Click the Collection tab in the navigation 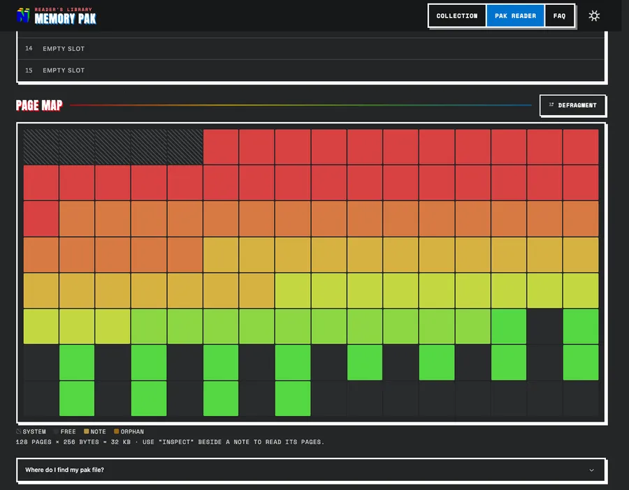(457, 16)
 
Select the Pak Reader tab (515, 16)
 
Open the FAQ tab (559, 16)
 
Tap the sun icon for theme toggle (594, 15)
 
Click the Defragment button (572, 105)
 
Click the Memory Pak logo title (66, 18)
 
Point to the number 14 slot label (29, 48)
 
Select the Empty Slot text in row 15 (64, 70)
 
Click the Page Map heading (39, 105)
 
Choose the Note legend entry (94, 431)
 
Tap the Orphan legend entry (129, 431)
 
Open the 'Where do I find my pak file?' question (64, 470)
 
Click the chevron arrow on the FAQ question (591, 470)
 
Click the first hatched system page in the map (41, 147)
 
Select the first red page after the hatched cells (221, 147)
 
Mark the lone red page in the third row (41, 218)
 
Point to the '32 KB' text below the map (120, 442)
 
